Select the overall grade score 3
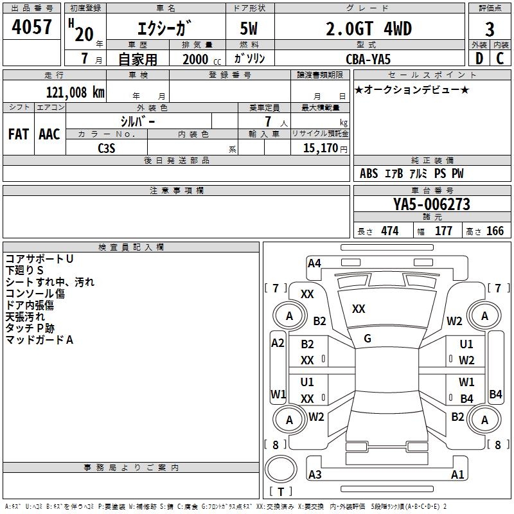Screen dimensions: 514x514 point(490,29)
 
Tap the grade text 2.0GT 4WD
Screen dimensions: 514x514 point(369,29)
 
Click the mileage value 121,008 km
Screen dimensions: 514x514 point(75,92)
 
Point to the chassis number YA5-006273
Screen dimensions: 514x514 point(432,204)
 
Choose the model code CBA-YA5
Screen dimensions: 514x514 point(369,59)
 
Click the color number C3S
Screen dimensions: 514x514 point(107,147)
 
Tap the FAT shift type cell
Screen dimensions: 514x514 point(18,134)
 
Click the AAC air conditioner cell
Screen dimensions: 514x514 point(49,134)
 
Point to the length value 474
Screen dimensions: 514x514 point(389,231)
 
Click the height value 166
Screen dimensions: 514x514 point(495,231)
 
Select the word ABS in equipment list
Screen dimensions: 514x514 point(369,173)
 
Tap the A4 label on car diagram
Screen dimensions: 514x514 point(314,263)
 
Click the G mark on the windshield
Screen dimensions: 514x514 point(368,338)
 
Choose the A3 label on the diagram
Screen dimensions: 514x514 point(315,475)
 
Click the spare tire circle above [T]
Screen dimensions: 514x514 point(281,470)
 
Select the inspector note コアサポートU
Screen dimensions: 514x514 point(39,258)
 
